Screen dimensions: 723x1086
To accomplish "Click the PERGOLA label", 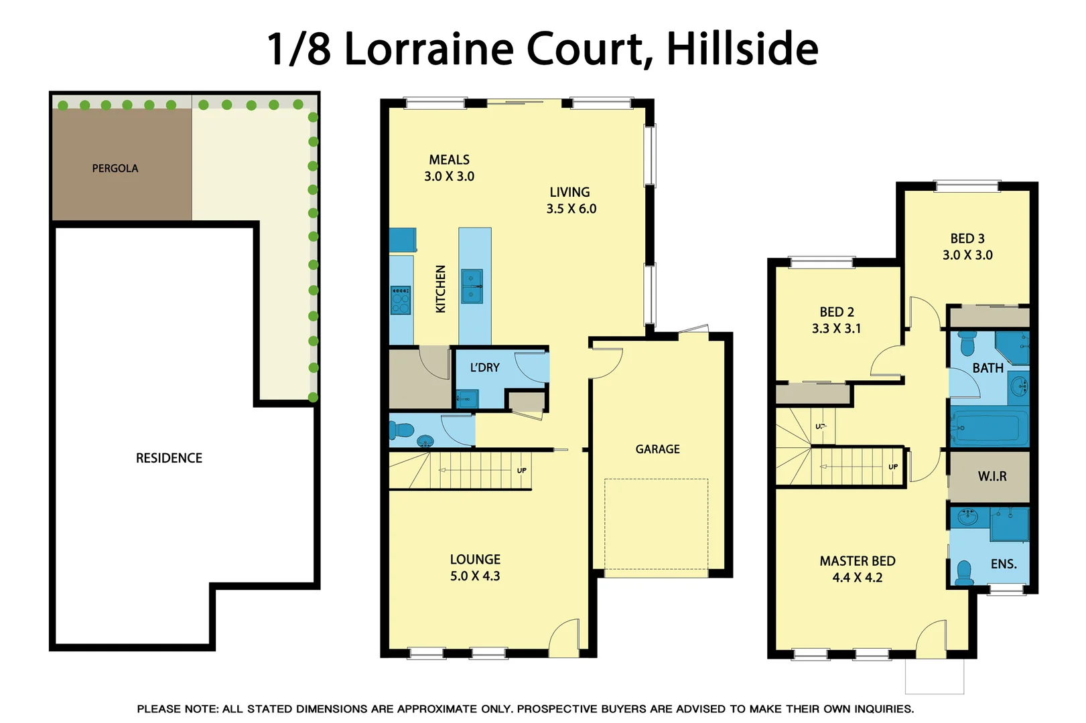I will pos(115,169).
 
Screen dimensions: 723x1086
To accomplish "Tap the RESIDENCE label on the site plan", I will pos(169,459).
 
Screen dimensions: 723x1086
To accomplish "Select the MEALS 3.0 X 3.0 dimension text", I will pos(449,177).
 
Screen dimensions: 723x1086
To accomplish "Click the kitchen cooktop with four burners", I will pos(401,300).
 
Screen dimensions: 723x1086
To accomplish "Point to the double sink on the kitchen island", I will pos(472,287).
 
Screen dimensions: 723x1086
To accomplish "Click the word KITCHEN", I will pos(441,289).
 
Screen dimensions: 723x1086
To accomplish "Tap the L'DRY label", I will pos(484,368).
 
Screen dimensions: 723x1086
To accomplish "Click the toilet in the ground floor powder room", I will pos(402,429).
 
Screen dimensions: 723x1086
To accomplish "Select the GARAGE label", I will pos(657,449).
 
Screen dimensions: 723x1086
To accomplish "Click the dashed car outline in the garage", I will pos(657,524).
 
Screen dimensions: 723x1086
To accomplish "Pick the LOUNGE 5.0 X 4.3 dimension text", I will pos(475,576).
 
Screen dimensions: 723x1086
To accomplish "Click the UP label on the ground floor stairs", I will pos(522,471).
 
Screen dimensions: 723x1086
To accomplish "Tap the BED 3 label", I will pos(967,239).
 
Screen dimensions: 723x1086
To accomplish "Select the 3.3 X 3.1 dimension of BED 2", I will pos(836,329).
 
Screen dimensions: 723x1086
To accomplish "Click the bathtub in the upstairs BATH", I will pos(990,427).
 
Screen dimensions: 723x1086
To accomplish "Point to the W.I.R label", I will pos(992,477).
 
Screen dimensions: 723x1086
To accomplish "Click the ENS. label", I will pos(1004,564).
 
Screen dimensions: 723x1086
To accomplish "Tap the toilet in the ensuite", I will pos(964,573).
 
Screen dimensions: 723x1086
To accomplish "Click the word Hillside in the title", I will pos(742,49).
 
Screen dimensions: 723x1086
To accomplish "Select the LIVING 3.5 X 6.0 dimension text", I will pos(571,209).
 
